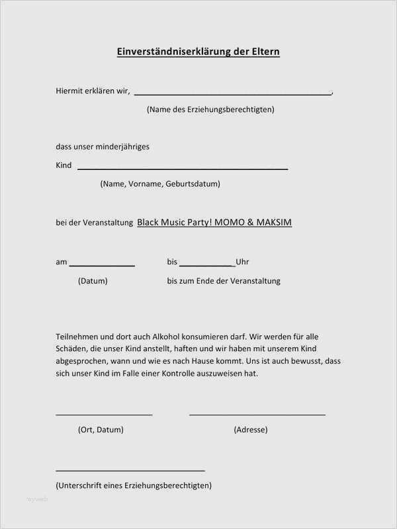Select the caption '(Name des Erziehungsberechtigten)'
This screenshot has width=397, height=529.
(x=210, y=110)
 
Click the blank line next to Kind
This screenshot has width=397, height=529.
(x=183, y=169)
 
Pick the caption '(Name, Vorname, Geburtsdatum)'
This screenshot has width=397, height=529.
(x=160, y=184)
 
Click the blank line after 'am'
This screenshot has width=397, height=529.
(x=103, y=265)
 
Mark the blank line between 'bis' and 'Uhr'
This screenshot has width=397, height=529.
(x=206, y=265)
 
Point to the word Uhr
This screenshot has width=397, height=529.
(x=242, y=263)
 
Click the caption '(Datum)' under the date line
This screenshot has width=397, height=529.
(x=93, y=281)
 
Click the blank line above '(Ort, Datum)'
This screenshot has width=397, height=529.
(x=104, y=415)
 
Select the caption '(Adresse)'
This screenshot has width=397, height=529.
(x=251, y=430)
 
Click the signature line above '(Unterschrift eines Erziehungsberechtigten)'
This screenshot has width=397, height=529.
(x=130, y=471)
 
